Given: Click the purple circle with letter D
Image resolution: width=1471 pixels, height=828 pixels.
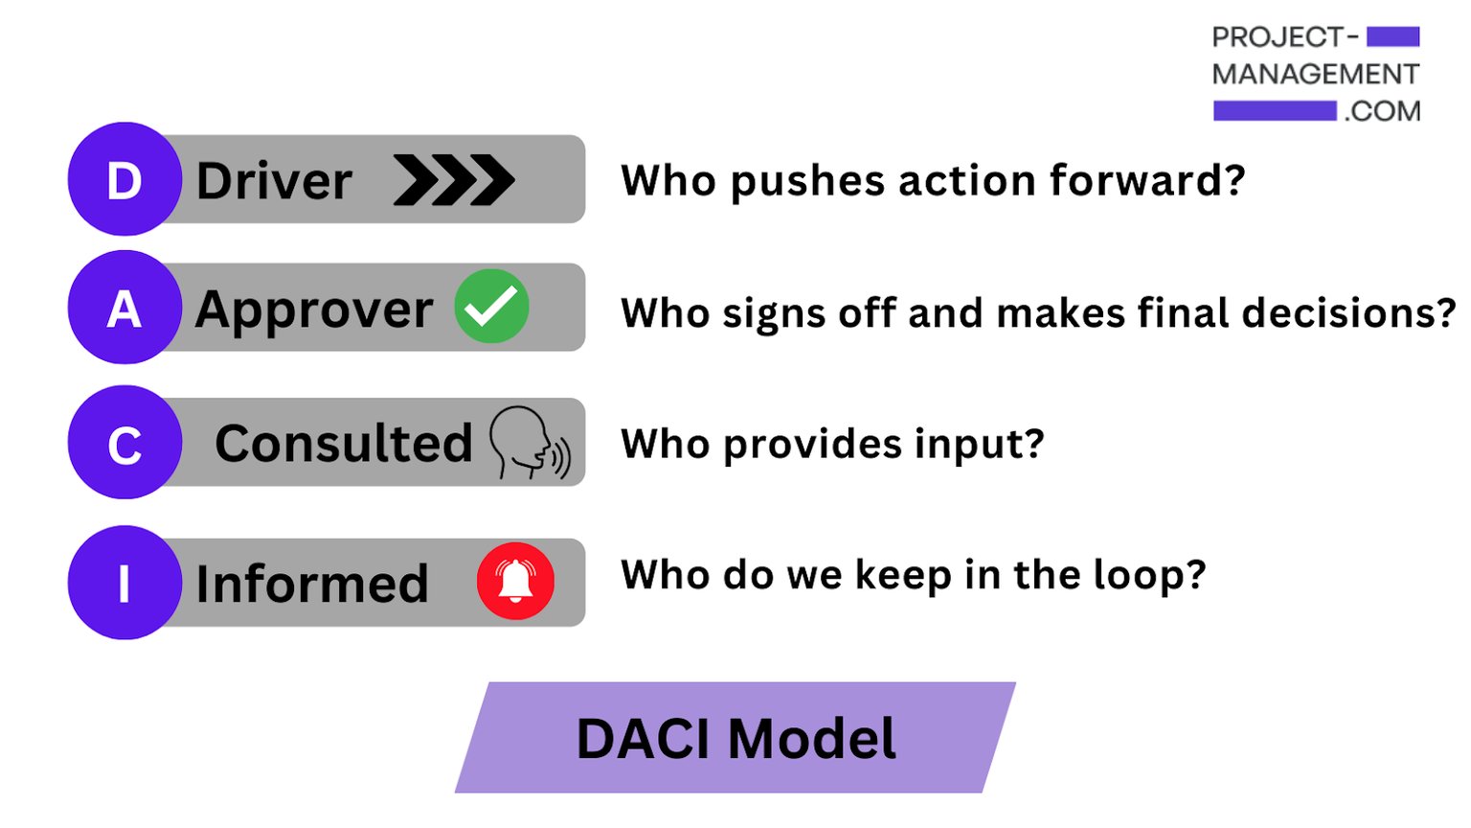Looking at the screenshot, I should click(x=124, y=179).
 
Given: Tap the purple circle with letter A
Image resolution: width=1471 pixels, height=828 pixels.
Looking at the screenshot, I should click(x=124, y=308).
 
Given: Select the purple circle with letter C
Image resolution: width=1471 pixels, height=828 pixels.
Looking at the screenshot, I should click(x=124, y=443).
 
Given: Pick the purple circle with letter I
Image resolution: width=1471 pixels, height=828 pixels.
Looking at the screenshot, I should click(x=124, y=583).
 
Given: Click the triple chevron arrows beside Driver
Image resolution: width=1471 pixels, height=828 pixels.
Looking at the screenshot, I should click(x=453, y=180).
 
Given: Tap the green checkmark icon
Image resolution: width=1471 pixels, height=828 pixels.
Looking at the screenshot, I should click(x=491, y=307).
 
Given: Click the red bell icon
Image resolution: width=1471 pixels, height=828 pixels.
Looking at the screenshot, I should click(x=515, y=581).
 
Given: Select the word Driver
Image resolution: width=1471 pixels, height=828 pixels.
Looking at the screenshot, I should click(x=274, y=181).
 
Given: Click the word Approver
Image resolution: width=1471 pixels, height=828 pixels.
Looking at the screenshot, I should click(x=314, y=310).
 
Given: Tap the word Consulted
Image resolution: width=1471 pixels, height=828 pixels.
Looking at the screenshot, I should click(x=343, y=443).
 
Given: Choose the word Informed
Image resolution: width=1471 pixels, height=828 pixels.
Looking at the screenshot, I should click(x=311, y=584).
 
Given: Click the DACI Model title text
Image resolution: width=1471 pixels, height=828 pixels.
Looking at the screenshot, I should click(x=735, y=739).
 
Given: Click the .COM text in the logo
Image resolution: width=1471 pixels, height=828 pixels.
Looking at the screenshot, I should click(x=1382, y=111).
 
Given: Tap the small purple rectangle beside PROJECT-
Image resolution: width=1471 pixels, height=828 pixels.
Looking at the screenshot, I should click(x=1392, y=37).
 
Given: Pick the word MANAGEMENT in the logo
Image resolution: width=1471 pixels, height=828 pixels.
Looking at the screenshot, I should click(x=1315, y=74).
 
